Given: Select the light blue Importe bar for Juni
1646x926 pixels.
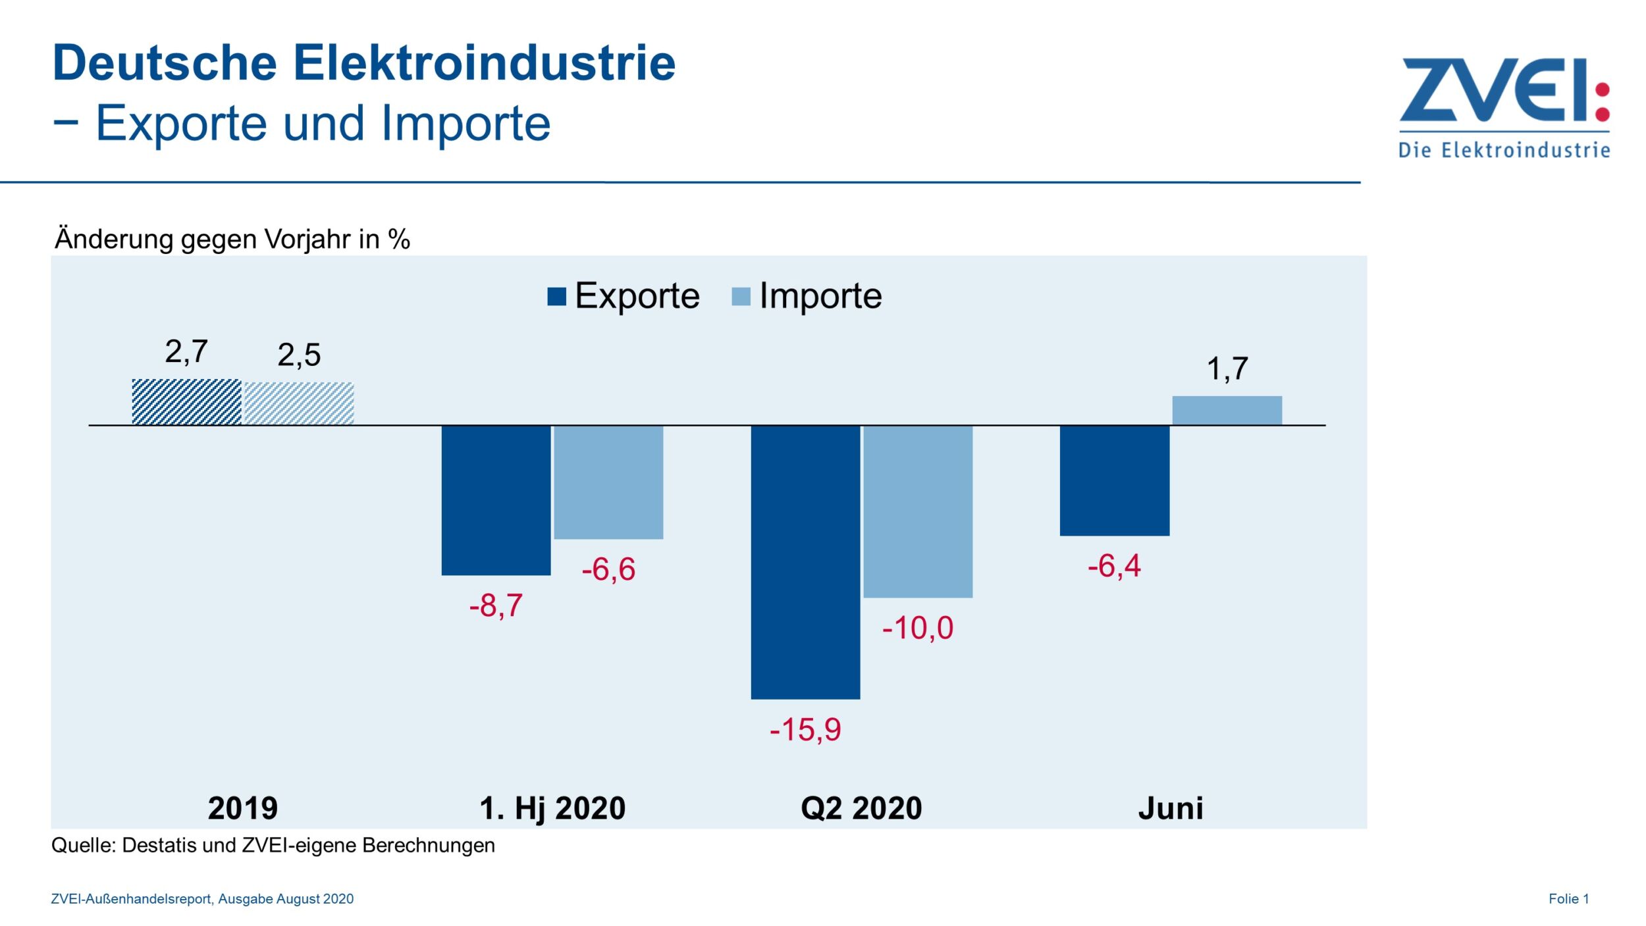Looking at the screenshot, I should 1227,410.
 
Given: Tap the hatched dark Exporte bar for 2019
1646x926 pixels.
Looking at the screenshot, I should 186,401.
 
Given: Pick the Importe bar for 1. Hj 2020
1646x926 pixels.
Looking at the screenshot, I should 608,482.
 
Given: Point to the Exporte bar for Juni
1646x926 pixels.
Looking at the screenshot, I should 1114,480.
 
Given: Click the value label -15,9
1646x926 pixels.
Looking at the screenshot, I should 805,729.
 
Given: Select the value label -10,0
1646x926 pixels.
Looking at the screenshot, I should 917,627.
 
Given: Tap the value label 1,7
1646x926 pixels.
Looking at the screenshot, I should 1227,369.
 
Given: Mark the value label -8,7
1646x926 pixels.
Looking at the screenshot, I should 496,605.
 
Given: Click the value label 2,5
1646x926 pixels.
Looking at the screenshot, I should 299,355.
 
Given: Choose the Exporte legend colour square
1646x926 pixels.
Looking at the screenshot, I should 556,297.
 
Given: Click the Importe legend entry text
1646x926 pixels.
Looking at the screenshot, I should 820,296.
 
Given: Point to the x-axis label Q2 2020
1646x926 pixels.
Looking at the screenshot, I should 861,808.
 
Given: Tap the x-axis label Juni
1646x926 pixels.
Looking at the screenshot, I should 1170,808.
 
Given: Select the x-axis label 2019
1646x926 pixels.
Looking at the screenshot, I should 242,808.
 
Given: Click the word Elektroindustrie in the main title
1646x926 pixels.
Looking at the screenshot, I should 484,63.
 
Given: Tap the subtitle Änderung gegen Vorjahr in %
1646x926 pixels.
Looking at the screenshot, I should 232,239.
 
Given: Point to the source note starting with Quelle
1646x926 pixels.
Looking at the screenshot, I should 273,845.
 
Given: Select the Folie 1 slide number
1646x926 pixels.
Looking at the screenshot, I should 1568,898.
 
